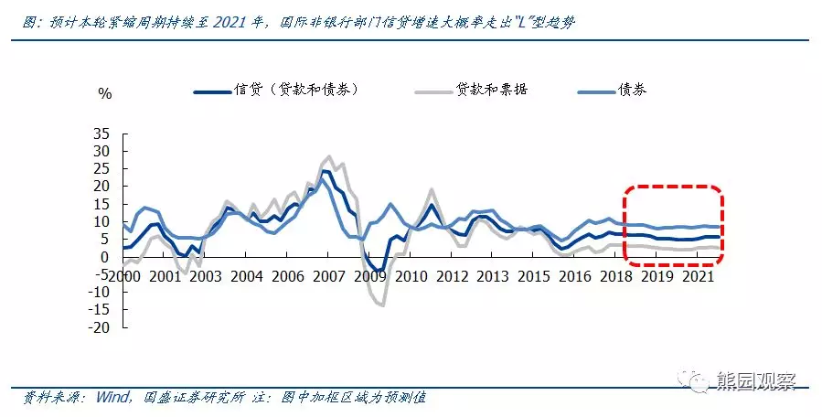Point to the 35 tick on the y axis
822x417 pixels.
click(x=103, y=134)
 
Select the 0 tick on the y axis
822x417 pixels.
click(x=107, y=257)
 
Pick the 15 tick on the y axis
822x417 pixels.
click(x=103, y=204)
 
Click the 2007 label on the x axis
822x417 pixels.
click(x=328, y=275)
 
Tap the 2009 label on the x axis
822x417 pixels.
click(x=370, y=275)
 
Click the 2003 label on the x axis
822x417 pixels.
click(x=207, y=275)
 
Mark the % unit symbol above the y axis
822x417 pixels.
click(x=104, y=93)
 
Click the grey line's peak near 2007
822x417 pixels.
click(x=330, y=156)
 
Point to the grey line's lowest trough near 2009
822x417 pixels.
click(x=381, y=305)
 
